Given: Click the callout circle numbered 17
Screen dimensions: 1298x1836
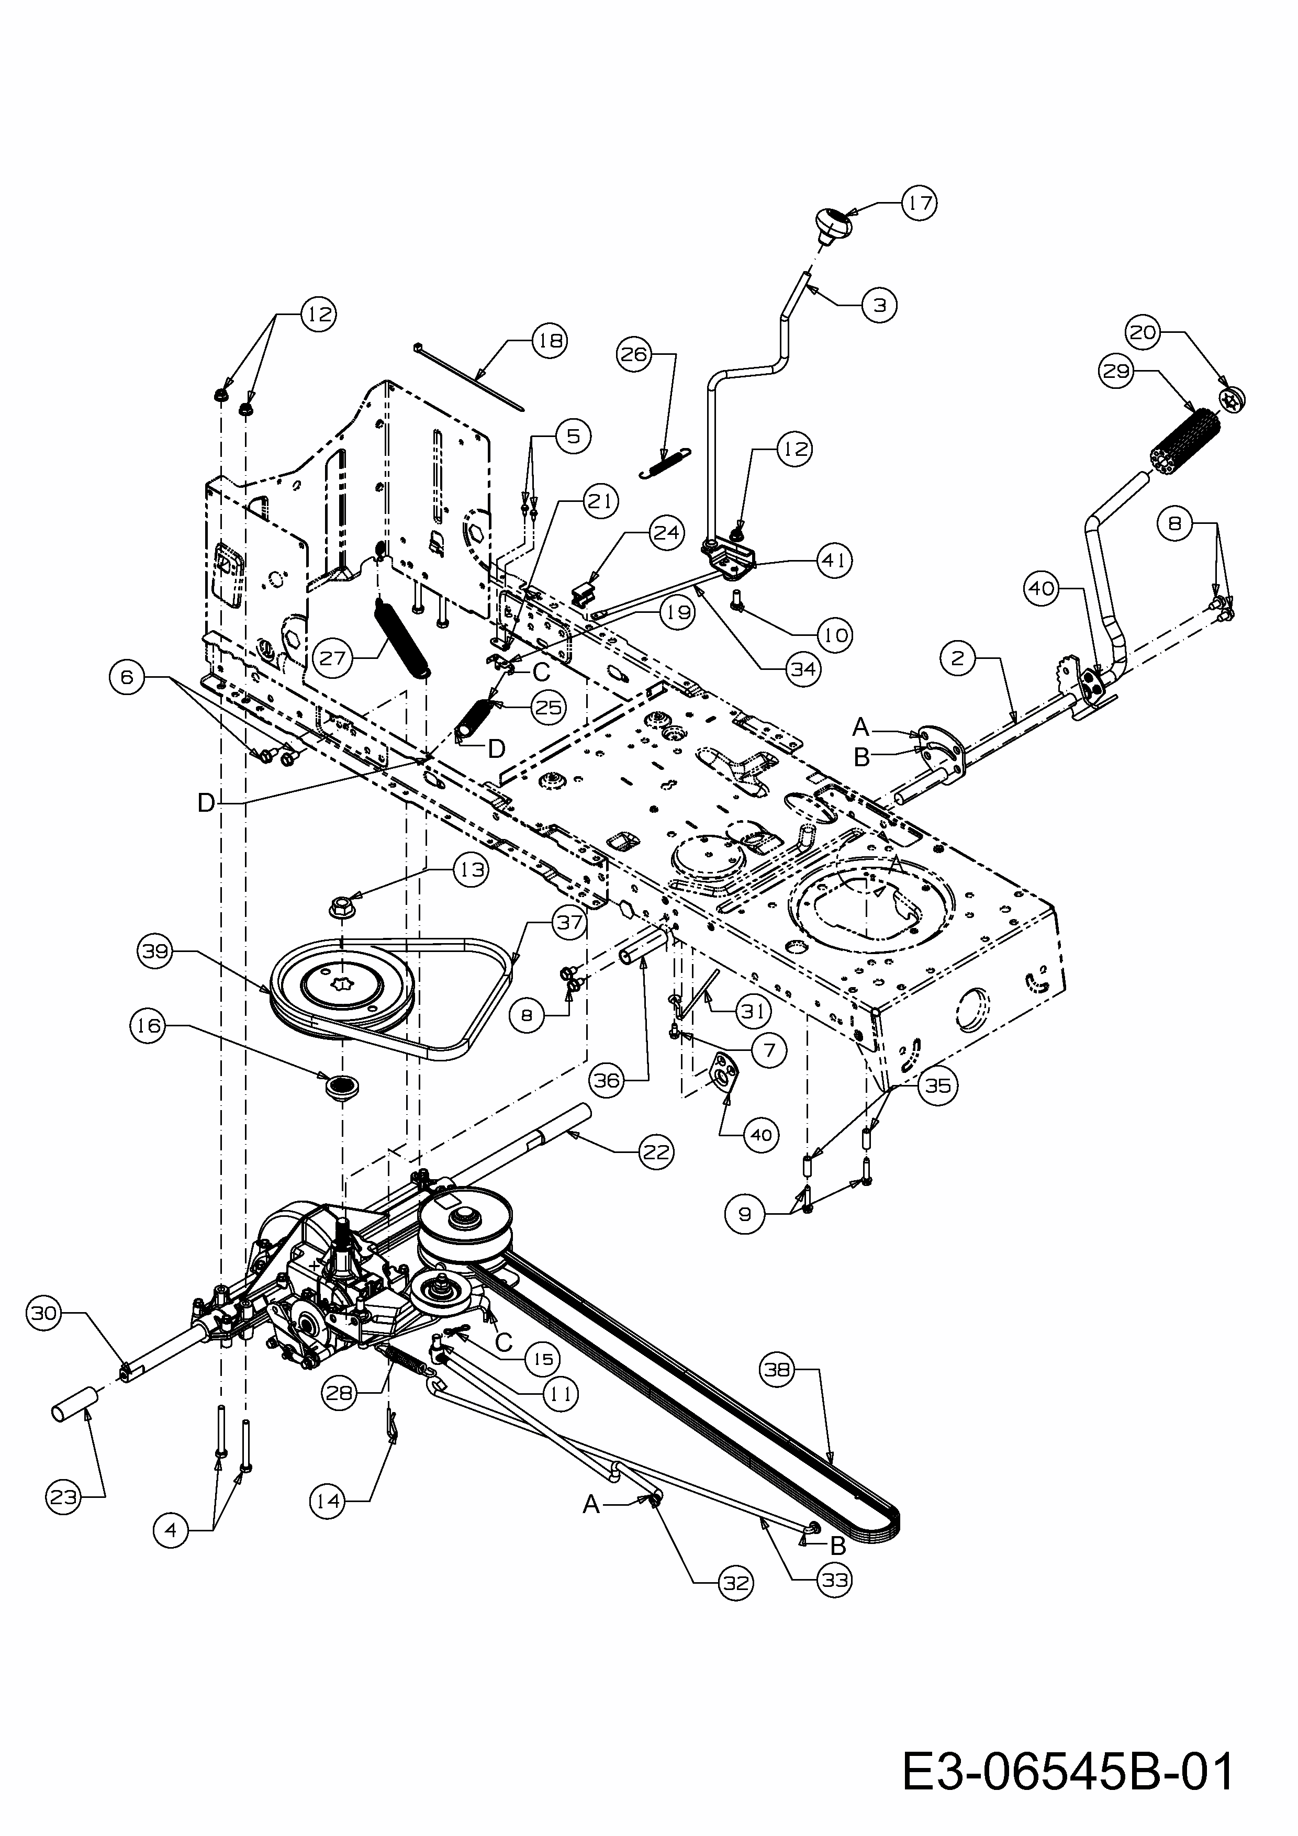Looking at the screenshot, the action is (x=920, y=203).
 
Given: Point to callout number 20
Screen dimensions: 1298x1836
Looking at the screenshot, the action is (x=1143, y=332).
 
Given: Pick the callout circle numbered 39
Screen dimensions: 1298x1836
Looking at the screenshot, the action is (x=156, y=951).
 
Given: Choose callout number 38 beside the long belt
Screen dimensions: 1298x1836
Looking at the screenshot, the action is (x=777, y=1370).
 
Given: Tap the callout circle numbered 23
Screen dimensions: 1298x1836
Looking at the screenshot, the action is (x=63, y=1497).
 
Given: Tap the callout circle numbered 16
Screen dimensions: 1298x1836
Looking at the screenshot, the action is (x=149, y=1025).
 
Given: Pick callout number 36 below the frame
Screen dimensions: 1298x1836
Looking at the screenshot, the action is (x=606, y=1080).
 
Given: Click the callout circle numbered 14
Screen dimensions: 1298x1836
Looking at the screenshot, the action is (x=328, y=1501).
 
